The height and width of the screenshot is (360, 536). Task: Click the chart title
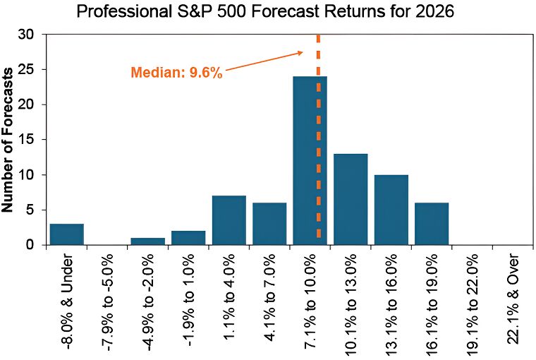[268, 13]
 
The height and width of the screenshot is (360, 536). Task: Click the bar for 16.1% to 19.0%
[431, 224]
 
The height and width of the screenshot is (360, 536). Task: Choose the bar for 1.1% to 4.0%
[229, 220]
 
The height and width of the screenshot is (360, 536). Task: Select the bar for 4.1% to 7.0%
[269, 224]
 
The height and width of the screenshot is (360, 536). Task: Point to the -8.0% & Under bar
[66, 234]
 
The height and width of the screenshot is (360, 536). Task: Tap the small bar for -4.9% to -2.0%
[147, 241]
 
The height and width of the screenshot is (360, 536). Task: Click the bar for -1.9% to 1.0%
[188, 238]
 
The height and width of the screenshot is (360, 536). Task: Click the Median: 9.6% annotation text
[176, 72]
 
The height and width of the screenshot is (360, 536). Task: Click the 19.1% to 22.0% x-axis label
[472, 304]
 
